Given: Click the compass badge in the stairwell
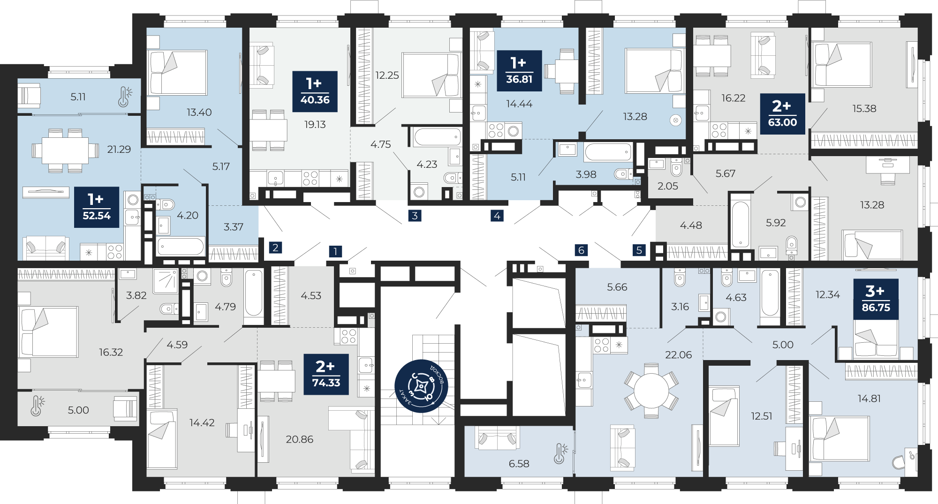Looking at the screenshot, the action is tap(421, 386).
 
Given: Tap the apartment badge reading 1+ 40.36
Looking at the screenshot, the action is tap(315, 91).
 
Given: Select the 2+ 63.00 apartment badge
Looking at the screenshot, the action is tap(782, 114).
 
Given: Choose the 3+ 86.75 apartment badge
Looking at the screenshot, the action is tap(876, 299).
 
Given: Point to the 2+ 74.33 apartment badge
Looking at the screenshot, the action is tap(326, 374).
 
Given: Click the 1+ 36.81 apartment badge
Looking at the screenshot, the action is tap(519, 70).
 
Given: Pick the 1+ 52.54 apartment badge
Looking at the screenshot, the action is tap(97, 207).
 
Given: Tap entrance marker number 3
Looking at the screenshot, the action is tap(415, 216).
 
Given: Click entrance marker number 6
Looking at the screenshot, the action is tap(581, 250).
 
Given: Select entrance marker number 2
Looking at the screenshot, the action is tap(275, 248).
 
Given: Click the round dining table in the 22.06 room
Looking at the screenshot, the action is tap(651, 391).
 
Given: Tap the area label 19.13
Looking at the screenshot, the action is tap(315, 124).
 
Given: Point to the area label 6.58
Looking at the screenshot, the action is tap(519, 464).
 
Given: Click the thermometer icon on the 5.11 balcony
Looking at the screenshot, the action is tap(125, 97).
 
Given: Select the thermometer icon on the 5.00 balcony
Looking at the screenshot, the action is tap(38, 406).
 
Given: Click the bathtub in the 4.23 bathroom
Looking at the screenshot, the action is tap(437, 137).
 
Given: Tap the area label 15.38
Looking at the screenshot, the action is tap(864, 108).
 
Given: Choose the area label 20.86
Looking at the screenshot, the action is tap(299, 439).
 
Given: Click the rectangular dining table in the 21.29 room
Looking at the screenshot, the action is tap(65, 150).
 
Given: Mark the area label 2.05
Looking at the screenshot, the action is tap(667, 186).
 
